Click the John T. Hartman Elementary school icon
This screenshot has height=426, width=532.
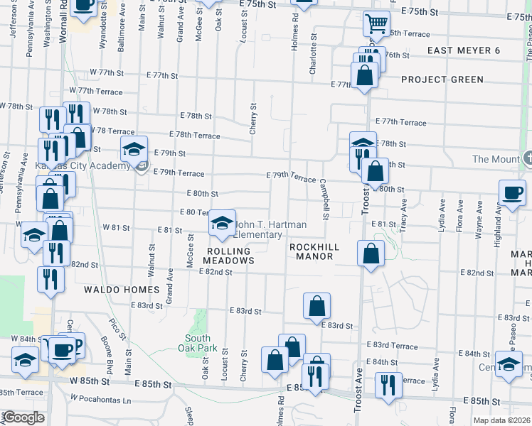[x=223, y=223]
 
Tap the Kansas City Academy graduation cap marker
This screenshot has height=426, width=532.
[x=133, y=148]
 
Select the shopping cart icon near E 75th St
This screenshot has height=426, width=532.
[x=376, y=23]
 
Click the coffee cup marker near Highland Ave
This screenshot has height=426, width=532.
[x=511, y=192]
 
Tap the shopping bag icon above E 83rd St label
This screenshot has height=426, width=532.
[x=316, y=306]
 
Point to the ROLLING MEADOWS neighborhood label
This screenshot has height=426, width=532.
[x=230, y=256]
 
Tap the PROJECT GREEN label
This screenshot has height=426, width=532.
[x=442, y=80]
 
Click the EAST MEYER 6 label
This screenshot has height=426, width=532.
[x=464, y=50]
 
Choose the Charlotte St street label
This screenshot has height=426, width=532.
[x=312, y=60]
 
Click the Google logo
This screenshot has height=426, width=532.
[x=24, y=418]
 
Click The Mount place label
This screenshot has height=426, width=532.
[x=496, y=159]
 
